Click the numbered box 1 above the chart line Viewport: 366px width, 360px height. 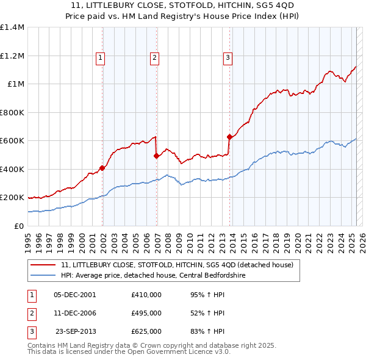pyautogui.click(x=100, y=59)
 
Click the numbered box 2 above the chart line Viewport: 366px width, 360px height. pyautogui.click(x=155, y=59)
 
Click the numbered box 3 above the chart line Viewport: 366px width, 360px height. pyautogui.click(x=228, y=59)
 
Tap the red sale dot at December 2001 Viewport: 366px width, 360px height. pyautogui.click(x=102, y=168)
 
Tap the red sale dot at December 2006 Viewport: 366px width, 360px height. pyautogui.click(x=156, y=156)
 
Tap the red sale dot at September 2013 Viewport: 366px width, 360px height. pyautogui.click(x=229, y=137)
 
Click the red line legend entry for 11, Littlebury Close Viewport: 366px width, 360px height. pyautogui.click(x=178, y=265)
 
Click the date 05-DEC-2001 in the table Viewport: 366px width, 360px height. pyautogui.click(x=75, y=294)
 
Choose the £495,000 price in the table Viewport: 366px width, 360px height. pyautogui.click(x=146, y=313)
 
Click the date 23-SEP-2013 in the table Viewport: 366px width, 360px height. pyautogui.click(x=76, y=331)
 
